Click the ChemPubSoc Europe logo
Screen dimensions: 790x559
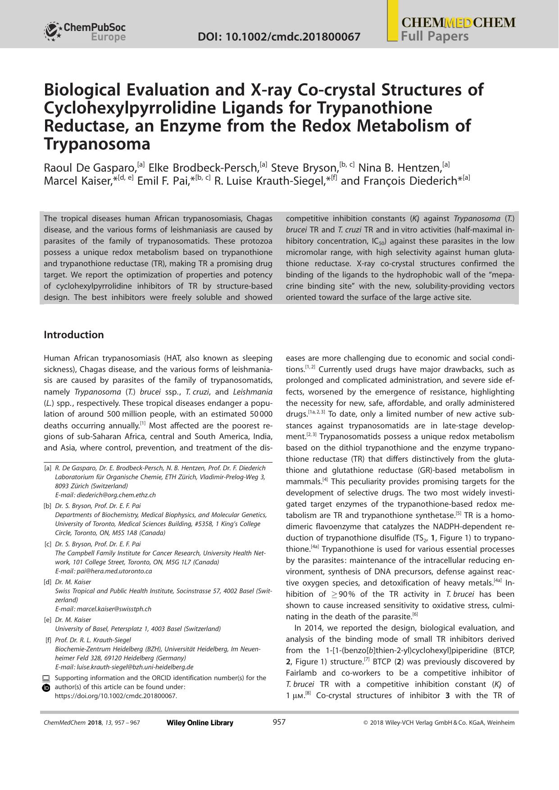click(85, 32)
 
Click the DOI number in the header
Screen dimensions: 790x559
click(279, 36)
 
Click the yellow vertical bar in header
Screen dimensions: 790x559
click(392, 21)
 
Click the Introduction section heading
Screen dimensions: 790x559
click(73, 335)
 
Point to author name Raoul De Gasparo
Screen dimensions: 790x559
click(89, 168)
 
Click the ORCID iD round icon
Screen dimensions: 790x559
click(46, 688)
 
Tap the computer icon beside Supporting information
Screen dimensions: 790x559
click(46, 678)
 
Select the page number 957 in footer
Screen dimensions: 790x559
click(279, 722)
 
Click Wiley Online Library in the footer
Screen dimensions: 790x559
click(200, 723)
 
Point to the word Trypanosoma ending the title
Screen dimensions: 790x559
click(97, 145)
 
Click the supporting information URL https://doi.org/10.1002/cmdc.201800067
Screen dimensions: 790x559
click(116, 696)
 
